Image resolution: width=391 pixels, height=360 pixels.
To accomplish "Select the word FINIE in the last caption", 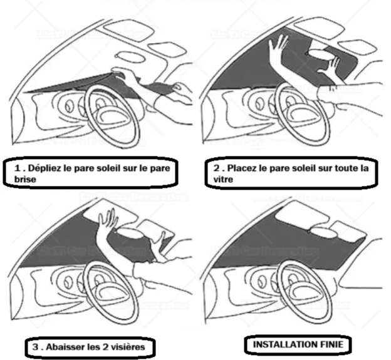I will click(x=325, y=344).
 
